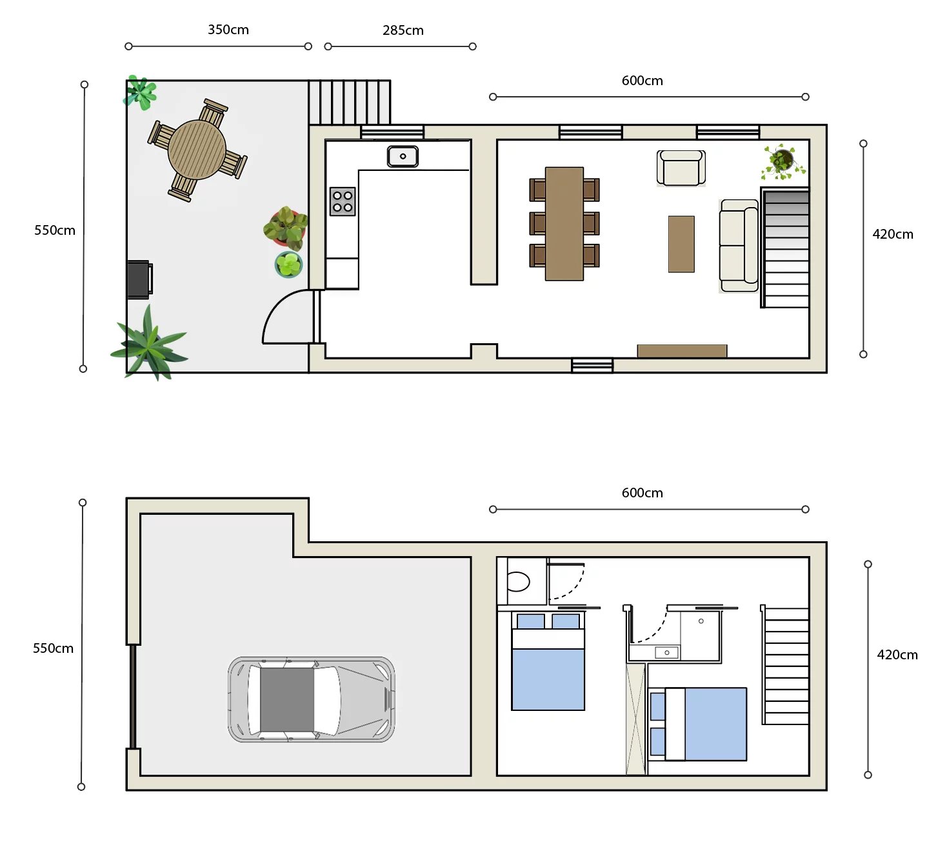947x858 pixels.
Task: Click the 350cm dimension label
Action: (x=228, y=30)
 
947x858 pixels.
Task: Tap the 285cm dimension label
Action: (x=403, y=31)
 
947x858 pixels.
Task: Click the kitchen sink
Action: (x=403, y=156)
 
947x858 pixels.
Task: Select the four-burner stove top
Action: (x=343, y=202)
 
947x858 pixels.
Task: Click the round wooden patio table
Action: (x=197, y=150)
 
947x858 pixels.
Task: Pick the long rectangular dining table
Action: (x=564, y=224)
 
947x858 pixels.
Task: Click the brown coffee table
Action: (x=681, y=244)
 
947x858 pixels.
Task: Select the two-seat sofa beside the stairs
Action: (x=739, y=246)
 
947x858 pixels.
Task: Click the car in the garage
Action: (x=311, y=699)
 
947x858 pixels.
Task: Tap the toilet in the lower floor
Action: (x=518, y=582)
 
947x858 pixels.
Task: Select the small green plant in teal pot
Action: (x=288, y=264)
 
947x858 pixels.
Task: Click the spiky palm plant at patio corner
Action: (x=150, y=343)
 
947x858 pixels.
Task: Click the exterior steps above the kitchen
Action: (x=350, y=103)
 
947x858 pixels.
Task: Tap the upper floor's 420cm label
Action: (x=892, y=235)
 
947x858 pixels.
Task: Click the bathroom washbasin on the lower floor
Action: (x=666, y=653)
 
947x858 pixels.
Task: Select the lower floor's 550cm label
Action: (x=53, y=648)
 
